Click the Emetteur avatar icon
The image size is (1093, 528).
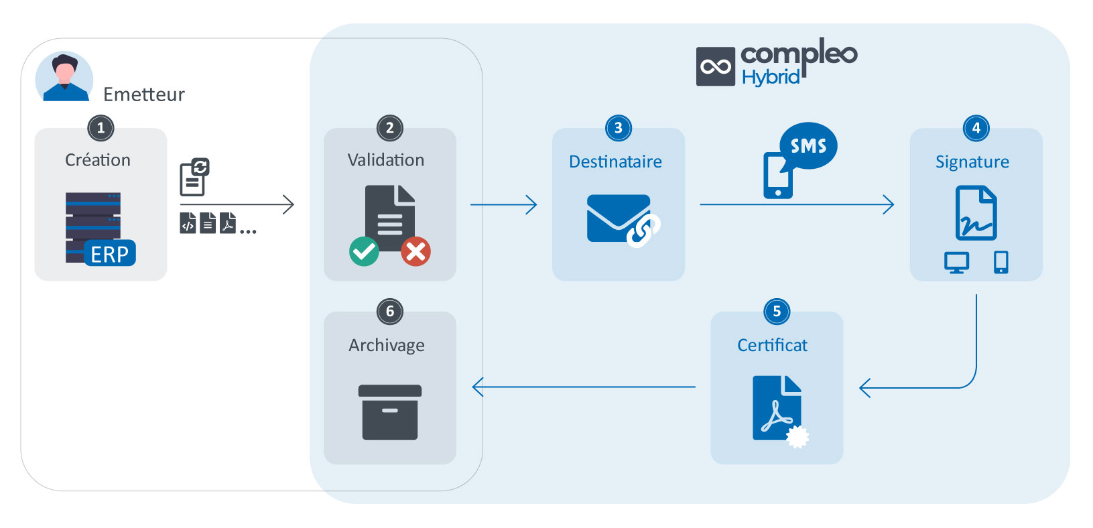click(64, 76)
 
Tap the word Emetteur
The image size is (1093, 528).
click(144, 94)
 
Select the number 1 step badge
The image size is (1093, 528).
click(101, 128)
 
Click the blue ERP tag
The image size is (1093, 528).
click(110, 253)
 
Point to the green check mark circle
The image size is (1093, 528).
click(364, 251)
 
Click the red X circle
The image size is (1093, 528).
click(415, 251)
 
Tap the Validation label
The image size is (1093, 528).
click(386, 160)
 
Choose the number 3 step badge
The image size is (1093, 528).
click(619, 128)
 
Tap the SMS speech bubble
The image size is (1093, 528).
click(809, 145)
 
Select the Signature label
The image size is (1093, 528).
click(972, 162)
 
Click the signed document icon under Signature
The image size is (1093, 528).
click(976, 213)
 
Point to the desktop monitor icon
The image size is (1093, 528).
click(956, 263)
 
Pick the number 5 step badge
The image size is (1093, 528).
click(777, 312)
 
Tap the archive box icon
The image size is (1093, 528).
click(390, 412)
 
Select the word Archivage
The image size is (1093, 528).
click(387, 346)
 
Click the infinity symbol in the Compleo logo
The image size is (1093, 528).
click(716, 66)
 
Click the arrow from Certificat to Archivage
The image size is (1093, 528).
click(584, 387)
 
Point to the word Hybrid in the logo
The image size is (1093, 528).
click(771, 78)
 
